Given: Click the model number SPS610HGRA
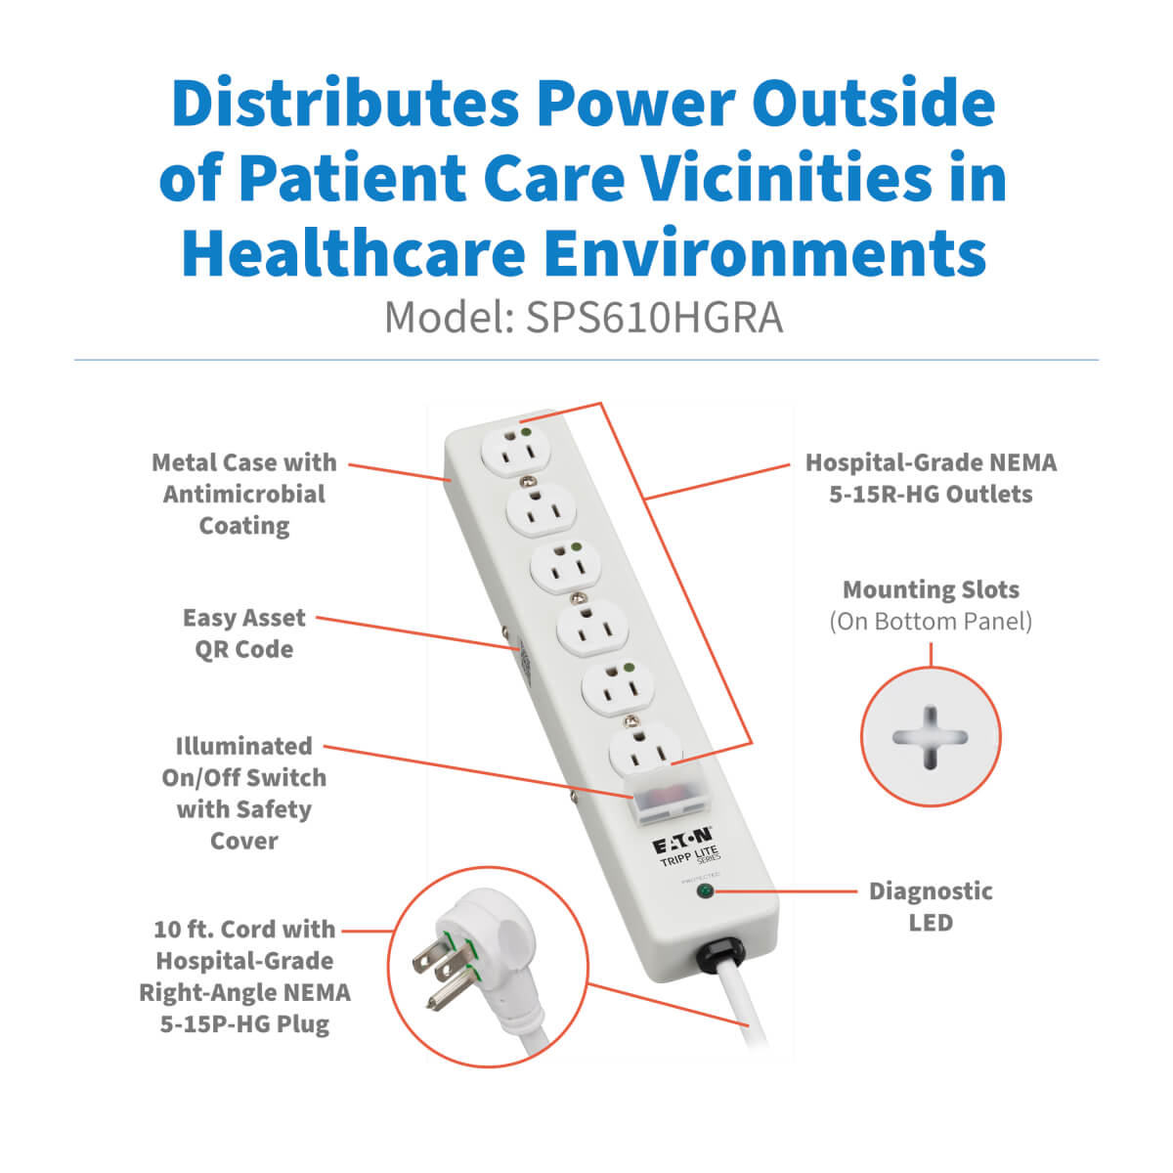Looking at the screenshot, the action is pos(654,318).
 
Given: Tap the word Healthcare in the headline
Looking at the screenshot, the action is pos(354,252).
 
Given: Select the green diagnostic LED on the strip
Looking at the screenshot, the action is pos(706,892).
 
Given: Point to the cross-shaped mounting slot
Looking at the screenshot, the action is pos(930,737).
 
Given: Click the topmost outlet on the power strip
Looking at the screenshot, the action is pos(515,452).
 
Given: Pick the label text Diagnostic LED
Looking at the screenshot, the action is pos(931,907).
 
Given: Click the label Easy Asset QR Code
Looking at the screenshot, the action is pos(244,633).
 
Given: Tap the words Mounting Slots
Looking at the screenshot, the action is pos(931,589).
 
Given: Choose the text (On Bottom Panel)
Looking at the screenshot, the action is pos(931,622).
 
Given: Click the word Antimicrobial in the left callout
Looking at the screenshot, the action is pos(244,495).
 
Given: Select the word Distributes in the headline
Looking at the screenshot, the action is pos(345,102).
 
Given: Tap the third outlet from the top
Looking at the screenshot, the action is pos(566,568).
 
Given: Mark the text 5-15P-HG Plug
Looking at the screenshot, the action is pos(244,1023).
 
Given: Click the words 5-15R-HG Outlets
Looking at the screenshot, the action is pos(931,495).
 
